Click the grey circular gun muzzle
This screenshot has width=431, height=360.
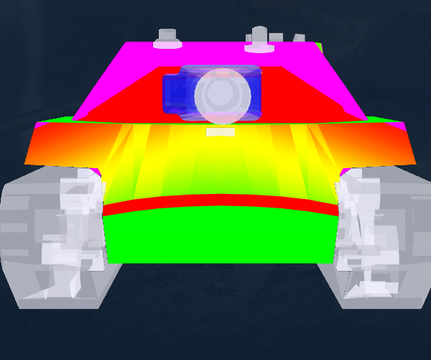223,95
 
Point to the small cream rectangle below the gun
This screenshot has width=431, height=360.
221,132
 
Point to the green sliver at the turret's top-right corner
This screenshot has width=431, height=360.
319,47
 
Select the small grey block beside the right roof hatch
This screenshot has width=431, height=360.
297,38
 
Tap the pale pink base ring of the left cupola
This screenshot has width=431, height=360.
167,45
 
